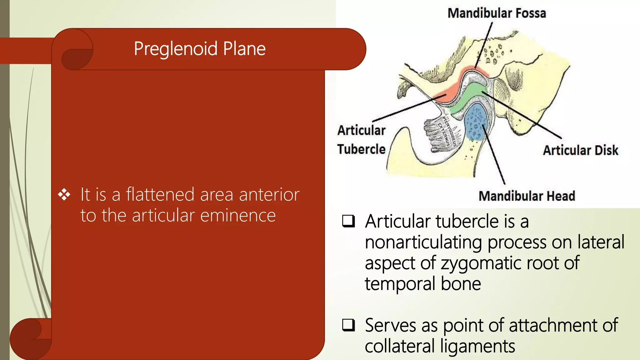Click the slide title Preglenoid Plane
pos(200,49)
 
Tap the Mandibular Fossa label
pos(497,13)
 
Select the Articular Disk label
pos(580,150)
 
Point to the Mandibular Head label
pos(527,196)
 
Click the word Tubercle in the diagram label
pos(361,149)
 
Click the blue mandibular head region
pos(475,122)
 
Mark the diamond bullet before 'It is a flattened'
pos(64,194)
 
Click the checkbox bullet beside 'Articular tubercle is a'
pos(348,221)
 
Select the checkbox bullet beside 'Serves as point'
pos(348,325)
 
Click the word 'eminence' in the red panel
pos(238,216)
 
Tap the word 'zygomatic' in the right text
pos(481,263)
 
